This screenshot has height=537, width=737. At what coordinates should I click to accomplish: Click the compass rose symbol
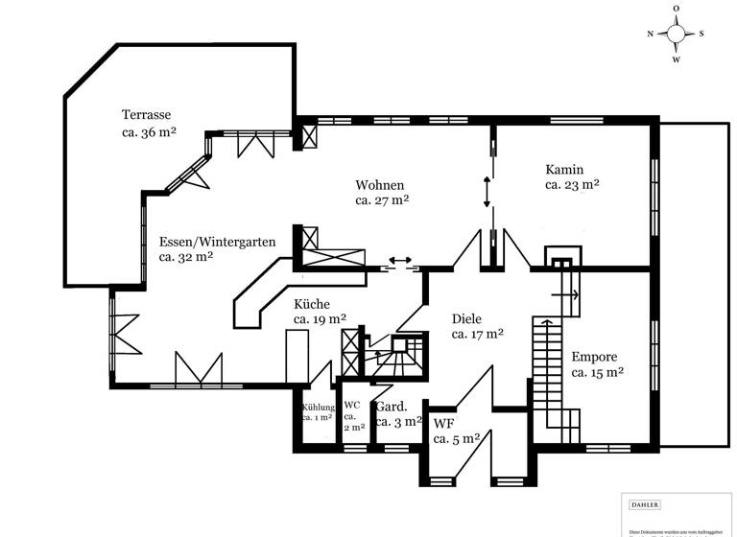click(x=676, y=34)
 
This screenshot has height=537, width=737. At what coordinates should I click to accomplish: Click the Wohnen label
click(x=379, y=184)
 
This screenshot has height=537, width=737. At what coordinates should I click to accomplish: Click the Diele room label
click(x=466, y=318)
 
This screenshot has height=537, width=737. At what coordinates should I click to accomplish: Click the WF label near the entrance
click(x=443, y=423)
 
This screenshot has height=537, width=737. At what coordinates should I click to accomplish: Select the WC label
click(x=352, y=405)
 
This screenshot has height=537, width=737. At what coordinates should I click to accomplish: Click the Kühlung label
click(x=317, y=407)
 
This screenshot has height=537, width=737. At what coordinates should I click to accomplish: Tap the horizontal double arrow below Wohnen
click(x=399, y=260)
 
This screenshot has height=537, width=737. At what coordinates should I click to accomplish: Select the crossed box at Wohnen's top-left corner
click(x=309, y=136)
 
